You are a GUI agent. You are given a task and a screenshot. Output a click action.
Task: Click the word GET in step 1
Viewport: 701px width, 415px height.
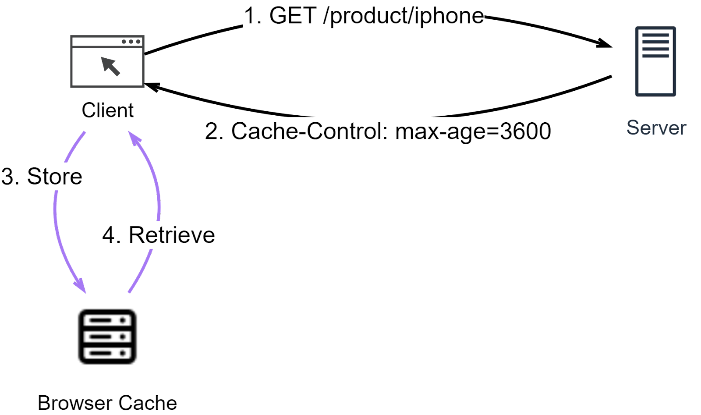point(293,16)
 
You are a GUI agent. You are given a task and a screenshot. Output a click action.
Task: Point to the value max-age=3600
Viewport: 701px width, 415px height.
point(473,131)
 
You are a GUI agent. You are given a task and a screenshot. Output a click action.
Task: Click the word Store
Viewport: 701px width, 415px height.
point(54,177)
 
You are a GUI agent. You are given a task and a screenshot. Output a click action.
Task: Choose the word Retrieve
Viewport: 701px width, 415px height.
point(171,235)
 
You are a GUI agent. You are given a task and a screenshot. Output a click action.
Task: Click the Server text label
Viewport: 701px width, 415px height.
point(656,128)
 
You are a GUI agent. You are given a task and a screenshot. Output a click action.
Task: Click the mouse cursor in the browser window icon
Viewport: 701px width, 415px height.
point(110,66)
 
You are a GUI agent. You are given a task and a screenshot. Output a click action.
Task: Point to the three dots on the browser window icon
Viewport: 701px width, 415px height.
point(131,42)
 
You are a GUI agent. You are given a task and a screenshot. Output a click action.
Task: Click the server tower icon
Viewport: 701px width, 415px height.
point(655,61)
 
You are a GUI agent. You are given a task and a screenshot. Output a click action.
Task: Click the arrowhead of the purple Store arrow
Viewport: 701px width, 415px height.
point(81,285)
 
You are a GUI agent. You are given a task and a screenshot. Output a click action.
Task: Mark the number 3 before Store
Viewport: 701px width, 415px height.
point(8,177)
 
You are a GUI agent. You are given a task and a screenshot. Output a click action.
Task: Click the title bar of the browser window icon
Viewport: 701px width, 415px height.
point(96,42)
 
